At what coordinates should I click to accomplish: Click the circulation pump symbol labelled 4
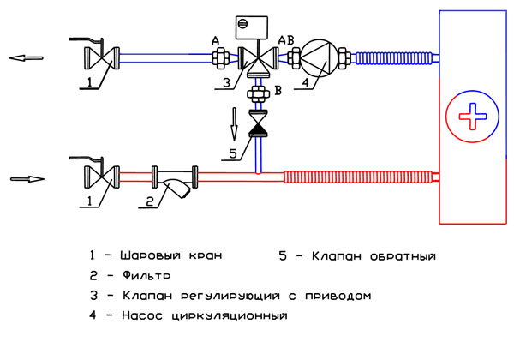pyautogui.click(x=319, y=58)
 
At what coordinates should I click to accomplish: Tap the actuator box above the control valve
pyautogui.click(x=251, y=27)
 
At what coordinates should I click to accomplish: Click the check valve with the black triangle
pyautogui.click(x=259, y=123)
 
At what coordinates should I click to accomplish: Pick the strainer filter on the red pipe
pyautogui.click(x=175, y=181)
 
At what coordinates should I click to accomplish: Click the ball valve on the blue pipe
pyautogui.click(x=102, y=58)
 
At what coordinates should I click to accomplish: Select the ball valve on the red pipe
pyautogui.click(x=102, y=177)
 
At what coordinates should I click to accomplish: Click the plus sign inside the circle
pyautogui.click(x=473, y=117)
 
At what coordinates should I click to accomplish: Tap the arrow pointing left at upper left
pyautogui.click(x=26, y=58)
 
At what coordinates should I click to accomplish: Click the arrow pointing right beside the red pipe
pyautogui.click(x=27, y=179)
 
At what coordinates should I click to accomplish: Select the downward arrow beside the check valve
pyautogui.click(x=234, y=124)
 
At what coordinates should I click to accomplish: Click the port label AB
pyautogui.click(x=286, y=40)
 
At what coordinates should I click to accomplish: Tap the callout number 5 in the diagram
pyautogui.click(x=233, y=153)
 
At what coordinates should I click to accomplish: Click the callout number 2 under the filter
pyautogui.click(x=149, y=201)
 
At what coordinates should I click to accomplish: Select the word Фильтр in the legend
pyautogui.click(x=146, y=275)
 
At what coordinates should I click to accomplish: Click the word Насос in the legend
pyautogui.click(x=142, y=315)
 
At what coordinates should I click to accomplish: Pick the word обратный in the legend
pyautogui.click(x=403, y=255)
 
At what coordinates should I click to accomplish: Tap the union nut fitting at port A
pyautogui.click(x=220, y=58)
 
